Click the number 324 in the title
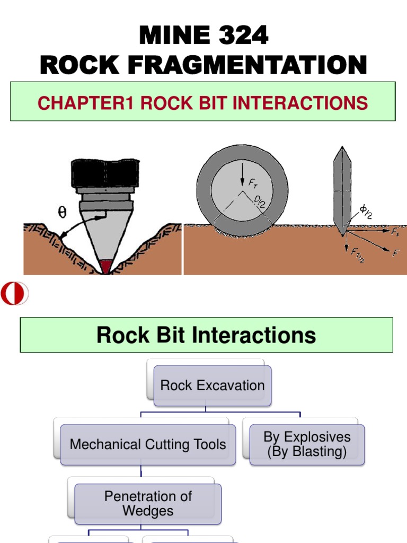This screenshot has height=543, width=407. pyautogui.click(x=241, y=36)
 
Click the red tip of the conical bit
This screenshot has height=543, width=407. pyautogui.click(x=107, y=267)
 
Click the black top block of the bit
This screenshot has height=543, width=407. pyautogui.click(x=105, y=173)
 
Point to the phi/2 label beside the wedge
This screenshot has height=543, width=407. pyautogui.click(x=366, y=212)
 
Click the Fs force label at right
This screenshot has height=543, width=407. pyautogui.click(x=395, y=231)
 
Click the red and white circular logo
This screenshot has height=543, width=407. pyautogui.click(x=14, y=294)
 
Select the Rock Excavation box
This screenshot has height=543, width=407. pyautogui.click(x=212, y=386)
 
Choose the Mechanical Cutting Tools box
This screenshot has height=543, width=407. pyautogui.click(x=148, y=444)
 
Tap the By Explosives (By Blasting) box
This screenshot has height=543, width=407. pyautogui.click(x=307, y=444)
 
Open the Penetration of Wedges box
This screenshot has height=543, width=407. pyautogui.click(x=148, y=503)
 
